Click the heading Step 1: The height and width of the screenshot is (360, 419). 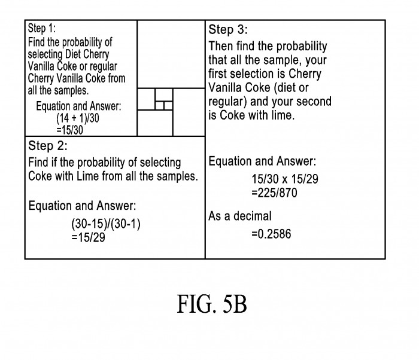pyautogui.click(x=42, y=28)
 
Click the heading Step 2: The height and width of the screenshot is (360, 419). pyautogui.click(x=48, y=146)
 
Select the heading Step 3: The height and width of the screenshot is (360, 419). pyautogui.click(x=228, y=30)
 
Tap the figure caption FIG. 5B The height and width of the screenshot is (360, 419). pyautogui.click(x=212, y=304)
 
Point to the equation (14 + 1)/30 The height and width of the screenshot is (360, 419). pyautogui.click(x=78, y=118)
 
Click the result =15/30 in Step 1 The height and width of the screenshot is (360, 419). pyautogui.click(x=70, y=130)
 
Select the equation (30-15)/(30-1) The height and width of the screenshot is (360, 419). pyautogui.click(x=106, y=224)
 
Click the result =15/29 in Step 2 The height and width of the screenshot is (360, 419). pyautogui.click(x=88, y=237)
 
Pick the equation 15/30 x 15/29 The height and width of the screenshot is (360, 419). pyautogui.click(x=285, y=179)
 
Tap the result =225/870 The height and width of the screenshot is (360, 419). pyautogui.click(x=274, y=193)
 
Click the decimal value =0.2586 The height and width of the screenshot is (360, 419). pyautogui.click(x=271, y=234)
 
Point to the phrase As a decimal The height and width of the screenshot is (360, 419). pyautogui.click(x=239, y=216)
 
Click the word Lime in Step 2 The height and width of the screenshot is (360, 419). pyautogui.click(x=87, y=176)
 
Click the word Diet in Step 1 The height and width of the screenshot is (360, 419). pyautogui.click(x=72, y=54)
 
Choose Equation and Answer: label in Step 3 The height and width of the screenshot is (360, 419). pyautogui.click(x=262, y=161)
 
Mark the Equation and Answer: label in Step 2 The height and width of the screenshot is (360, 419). pyautogui.click(x=83, y=206)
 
